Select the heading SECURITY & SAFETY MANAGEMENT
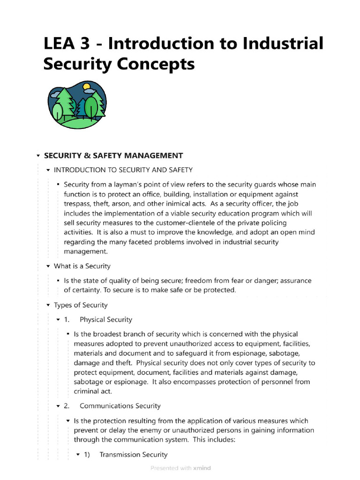[x=113, y=156]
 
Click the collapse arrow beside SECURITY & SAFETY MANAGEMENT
[x=37, y=156]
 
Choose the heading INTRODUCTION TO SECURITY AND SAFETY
[x=123, y=170]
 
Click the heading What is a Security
[x=82, y=266]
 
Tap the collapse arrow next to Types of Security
[x=48, y=305]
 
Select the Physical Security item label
[x=106, y=320]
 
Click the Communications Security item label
[x=120, y=406]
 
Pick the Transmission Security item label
[x=133, y=455]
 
